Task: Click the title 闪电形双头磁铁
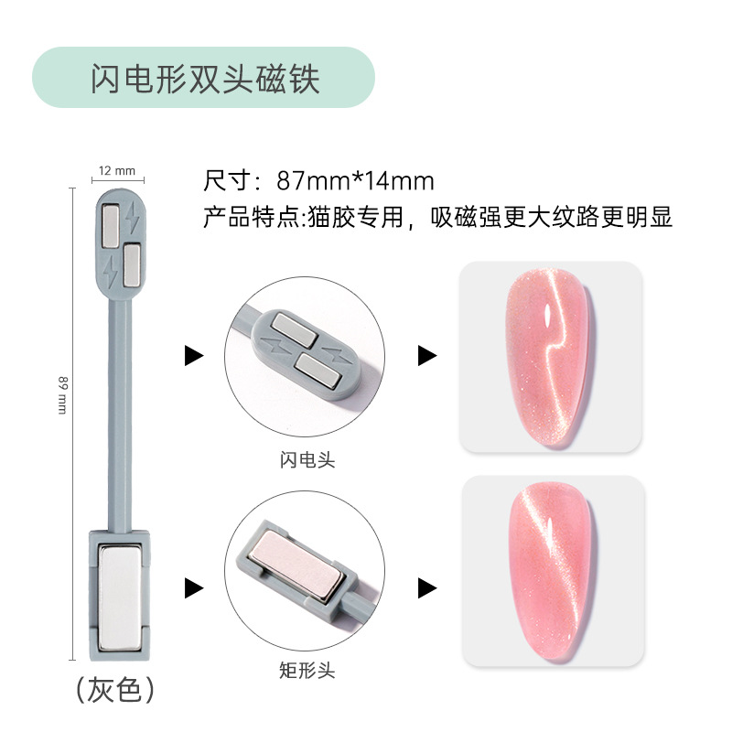click(x=204, y=79)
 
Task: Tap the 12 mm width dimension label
click(x=117, y=170)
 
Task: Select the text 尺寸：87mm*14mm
click(x=318, y=180)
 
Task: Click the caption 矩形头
click(x=307, y=672)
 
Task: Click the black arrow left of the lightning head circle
click(x=193, y=355)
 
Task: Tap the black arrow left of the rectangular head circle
click(x=193, y=587)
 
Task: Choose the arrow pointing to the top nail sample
click(x=426, y=355)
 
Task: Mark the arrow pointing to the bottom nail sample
click(x=426, y=587)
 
